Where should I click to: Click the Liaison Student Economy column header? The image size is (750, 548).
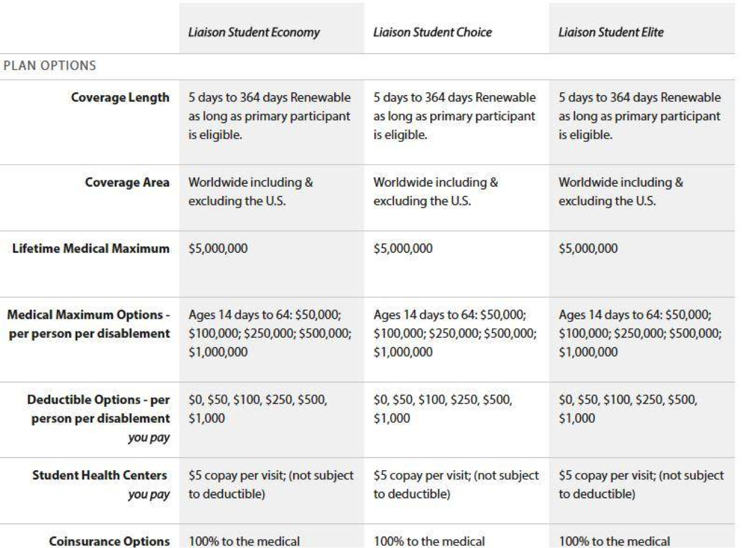pos(254,32)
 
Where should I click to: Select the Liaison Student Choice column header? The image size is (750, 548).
pos(432,32)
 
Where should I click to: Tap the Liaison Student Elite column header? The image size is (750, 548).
pos(610,32)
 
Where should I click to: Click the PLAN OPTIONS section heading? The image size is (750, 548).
pos(50,66)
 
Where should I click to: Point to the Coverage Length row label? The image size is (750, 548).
pos(120,97)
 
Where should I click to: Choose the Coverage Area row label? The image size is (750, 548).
pos(127,183)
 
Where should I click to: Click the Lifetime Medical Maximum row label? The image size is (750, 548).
pos(91,249)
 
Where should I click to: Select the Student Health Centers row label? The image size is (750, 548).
pos(99,475)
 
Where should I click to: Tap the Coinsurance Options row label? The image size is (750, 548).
pos(109,541)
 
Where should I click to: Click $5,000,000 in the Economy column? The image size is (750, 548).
pos(217,249)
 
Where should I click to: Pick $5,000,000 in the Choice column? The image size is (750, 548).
pos(403,249)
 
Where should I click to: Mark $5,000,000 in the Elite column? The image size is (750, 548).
pos(588,249)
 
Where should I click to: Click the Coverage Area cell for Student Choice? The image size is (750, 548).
pos(435,192)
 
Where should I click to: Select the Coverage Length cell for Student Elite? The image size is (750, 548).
pos(639,116)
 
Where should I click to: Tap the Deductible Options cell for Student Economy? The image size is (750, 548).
pos(257,409)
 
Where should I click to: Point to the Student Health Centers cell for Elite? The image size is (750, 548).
pos(640,485)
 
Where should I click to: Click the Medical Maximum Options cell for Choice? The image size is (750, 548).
pos(455,333)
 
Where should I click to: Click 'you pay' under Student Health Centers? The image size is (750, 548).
pos(149,494)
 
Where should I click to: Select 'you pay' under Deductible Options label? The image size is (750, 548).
pos(149,437)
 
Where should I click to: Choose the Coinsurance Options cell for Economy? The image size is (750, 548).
pos(244,541)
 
